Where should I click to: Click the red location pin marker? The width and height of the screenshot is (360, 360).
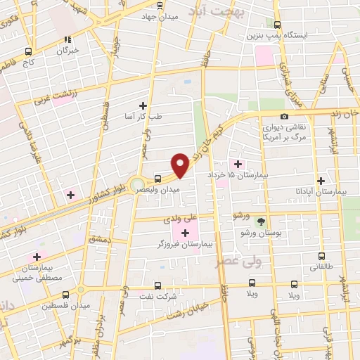[x=181, y=166]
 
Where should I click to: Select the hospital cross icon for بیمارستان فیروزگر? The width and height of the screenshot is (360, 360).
[x=186, y=233]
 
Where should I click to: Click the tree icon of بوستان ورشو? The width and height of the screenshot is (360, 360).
[x=261, y=221]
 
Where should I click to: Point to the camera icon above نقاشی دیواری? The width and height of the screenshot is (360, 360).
[x=284, y=116]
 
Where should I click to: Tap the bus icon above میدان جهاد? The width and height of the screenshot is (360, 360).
[x=160, y=4]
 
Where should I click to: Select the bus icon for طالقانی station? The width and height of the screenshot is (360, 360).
[x=321, y=257]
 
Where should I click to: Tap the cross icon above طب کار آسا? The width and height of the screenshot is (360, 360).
[x=143, y=105]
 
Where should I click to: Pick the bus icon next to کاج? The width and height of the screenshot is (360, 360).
[x=28, y=51]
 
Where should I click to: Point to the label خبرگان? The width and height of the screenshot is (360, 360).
[x=68, y=51]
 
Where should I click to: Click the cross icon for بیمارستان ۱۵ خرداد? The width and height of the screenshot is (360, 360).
[x=236, y=163]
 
